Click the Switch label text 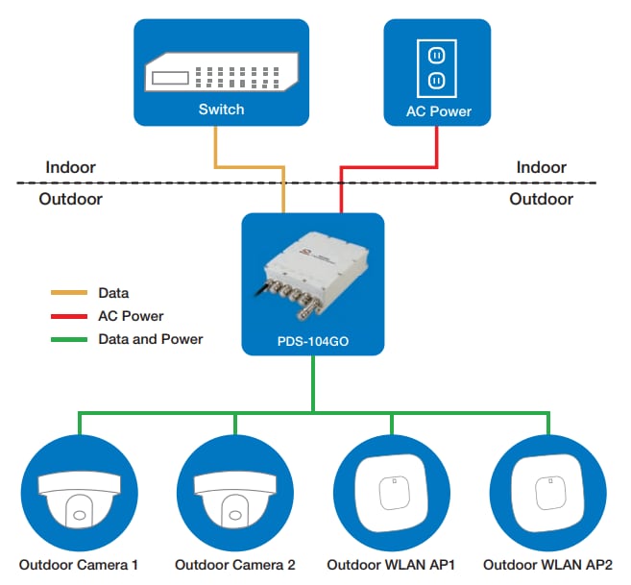(x=221, y=110)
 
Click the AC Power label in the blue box (x=439, y=112)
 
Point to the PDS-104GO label (x=313, y=340)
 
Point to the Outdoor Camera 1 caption (x=79, y=565)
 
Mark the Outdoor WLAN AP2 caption (x=547, y=565)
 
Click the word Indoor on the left (x=71, y=167)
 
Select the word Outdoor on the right (x=541, y=199)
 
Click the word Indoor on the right (x=542, y=167)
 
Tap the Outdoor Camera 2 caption (x=235, y=565)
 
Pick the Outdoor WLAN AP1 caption (x=391, y=565)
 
